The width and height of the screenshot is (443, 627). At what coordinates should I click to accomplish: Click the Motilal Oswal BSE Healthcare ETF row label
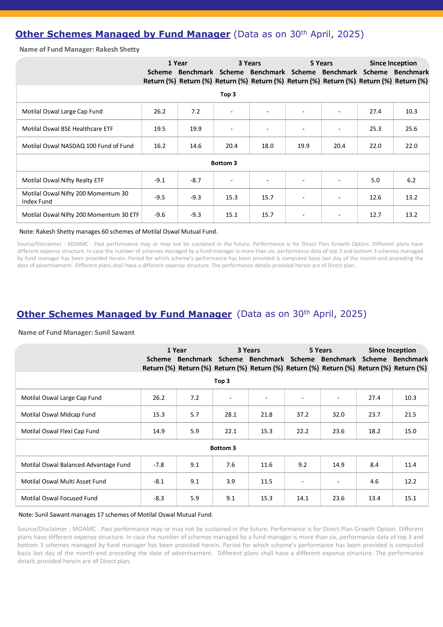pyautogui.click(x=67, y=129)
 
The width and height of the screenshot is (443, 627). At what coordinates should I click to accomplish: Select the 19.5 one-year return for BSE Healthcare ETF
pyautogui.click(x=160, y=129)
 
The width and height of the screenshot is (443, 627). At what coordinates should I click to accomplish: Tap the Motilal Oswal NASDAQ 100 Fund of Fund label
pyautogui.click(x=78, y=146)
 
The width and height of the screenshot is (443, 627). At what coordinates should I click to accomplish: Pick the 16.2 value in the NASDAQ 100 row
pyautogui.click(x=160, y=146)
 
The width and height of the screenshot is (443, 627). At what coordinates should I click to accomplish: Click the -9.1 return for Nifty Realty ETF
pyautogui.click(x=160, y=180)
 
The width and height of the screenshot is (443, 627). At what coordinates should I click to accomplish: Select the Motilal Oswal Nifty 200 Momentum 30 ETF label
pyautogui.click(x=81, y=215)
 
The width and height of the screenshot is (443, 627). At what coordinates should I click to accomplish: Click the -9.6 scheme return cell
pyautogui.click(x=160, y=215)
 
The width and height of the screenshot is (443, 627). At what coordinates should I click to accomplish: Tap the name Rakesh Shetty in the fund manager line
pyautogui.click(x=118, y=50)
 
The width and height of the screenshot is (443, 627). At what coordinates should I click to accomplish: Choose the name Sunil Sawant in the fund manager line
pyautogui.click(x=115, y=332)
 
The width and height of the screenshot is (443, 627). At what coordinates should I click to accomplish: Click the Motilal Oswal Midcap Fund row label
pyautogui.click(x=58, y=414)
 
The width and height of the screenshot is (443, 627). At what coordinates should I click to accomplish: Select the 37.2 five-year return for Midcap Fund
pyautogui.click(x=302, y=414)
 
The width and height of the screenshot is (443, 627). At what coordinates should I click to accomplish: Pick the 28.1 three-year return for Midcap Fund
pyautogui.click(x=231, y=414)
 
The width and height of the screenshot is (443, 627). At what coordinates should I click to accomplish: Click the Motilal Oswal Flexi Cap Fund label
pyautogui.click(x=60, y=431)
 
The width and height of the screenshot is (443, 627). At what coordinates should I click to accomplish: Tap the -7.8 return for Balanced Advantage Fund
pyautogui.click(x=159, y=465)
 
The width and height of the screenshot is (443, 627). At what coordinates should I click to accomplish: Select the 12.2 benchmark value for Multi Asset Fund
pyautogui.click(x=410, y=482)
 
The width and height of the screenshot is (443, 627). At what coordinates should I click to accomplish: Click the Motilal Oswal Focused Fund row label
pyautogui.click(x=59, y=498)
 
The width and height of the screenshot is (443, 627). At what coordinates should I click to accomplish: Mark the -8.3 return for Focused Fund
pyautogui.click(x=159, y=498)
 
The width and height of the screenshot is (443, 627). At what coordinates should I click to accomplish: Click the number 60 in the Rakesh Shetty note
pyautogui.click(x=105, y=232)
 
